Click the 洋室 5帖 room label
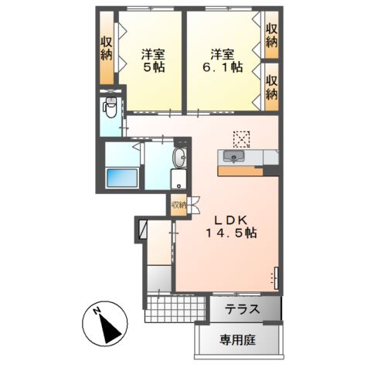(x=150, y=61)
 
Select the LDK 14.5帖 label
(x=230, y=225)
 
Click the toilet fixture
(x=111, y=111)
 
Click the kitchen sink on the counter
(x=233, y=157)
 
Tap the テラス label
(x=242, y=310)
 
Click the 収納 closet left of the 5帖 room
(x=106, y=51)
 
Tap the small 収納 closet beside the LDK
(x=179, y=206)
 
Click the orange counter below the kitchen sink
(x=240, y=169)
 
